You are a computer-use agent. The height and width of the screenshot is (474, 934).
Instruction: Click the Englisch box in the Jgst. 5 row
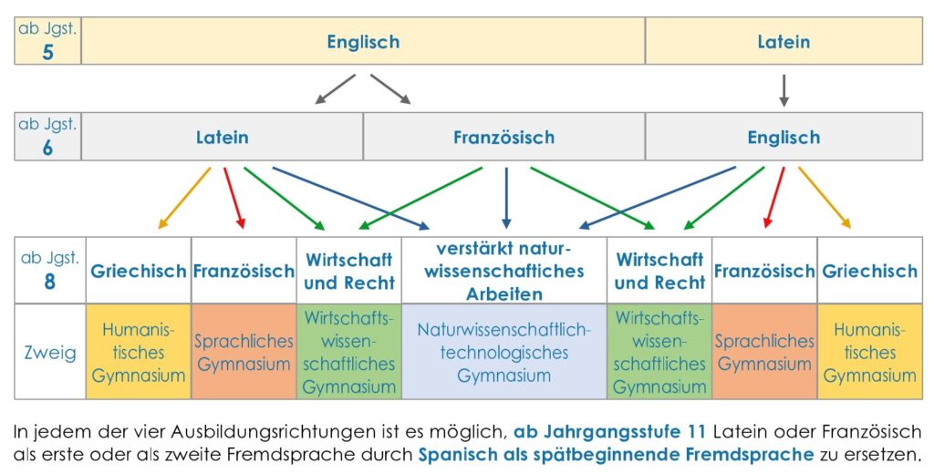(363, 41)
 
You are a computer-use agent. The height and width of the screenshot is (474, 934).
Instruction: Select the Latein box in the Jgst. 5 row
(784, 41)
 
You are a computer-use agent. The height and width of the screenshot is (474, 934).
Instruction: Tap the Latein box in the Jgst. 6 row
(223, 137)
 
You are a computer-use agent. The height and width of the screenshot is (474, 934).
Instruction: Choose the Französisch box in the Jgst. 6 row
(503, 137)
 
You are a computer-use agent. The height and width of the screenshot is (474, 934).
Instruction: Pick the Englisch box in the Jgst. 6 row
(784, 137)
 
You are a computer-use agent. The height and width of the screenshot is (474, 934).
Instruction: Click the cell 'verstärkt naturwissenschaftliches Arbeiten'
(503, 271)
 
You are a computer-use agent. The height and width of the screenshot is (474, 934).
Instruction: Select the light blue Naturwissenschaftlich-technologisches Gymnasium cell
(503, 351)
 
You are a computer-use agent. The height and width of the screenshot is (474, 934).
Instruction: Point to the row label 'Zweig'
(50, 353)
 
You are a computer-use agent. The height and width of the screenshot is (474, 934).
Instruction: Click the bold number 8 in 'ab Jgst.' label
(50, 282)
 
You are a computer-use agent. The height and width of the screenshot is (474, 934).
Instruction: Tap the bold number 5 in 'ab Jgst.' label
(47, 52)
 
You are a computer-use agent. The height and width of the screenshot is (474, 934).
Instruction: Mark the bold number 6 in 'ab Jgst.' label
(47, 148)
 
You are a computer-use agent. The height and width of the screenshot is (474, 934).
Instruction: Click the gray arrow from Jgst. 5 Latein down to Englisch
(784, 90)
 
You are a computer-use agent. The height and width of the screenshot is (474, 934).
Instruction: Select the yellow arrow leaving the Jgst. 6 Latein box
(184, 198)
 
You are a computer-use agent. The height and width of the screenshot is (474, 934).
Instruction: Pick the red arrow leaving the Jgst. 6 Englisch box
(774, 197)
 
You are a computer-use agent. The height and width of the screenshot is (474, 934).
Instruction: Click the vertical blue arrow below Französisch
(506, 198)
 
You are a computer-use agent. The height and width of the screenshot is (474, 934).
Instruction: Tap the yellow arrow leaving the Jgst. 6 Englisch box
(825, 197)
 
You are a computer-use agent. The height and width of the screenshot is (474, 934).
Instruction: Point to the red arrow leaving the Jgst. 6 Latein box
(234, 198)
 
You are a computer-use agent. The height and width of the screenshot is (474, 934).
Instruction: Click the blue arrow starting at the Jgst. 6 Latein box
(351, 198)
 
